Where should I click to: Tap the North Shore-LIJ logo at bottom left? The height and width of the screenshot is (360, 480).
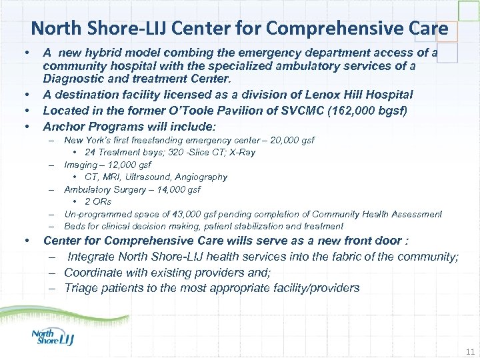coord(53,337)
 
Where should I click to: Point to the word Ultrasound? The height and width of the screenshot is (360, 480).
coord(148,177)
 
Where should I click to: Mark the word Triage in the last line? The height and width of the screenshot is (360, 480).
coord(82,288)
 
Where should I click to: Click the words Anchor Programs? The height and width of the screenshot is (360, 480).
coord(85,126)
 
